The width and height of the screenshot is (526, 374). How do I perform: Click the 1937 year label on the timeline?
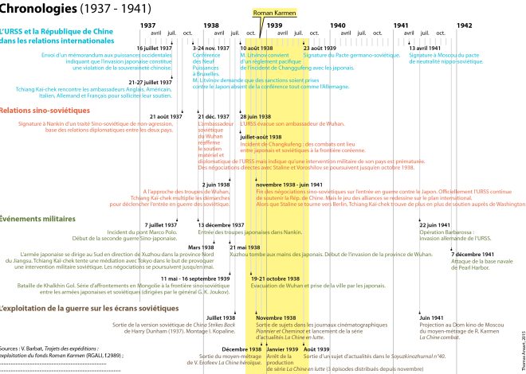pos(147,25)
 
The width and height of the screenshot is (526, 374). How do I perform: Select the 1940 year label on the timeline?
pos(337,25)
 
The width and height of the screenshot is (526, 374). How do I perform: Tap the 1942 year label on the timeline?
pos(464,25)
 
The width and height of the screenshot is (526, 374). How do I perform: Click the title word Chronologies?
pos(35,9)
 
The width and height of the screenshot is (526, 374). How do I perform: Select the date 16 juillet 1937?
pos(155,48)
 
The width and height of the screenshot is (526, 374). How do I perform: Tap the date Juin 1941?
pos(430,318)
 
